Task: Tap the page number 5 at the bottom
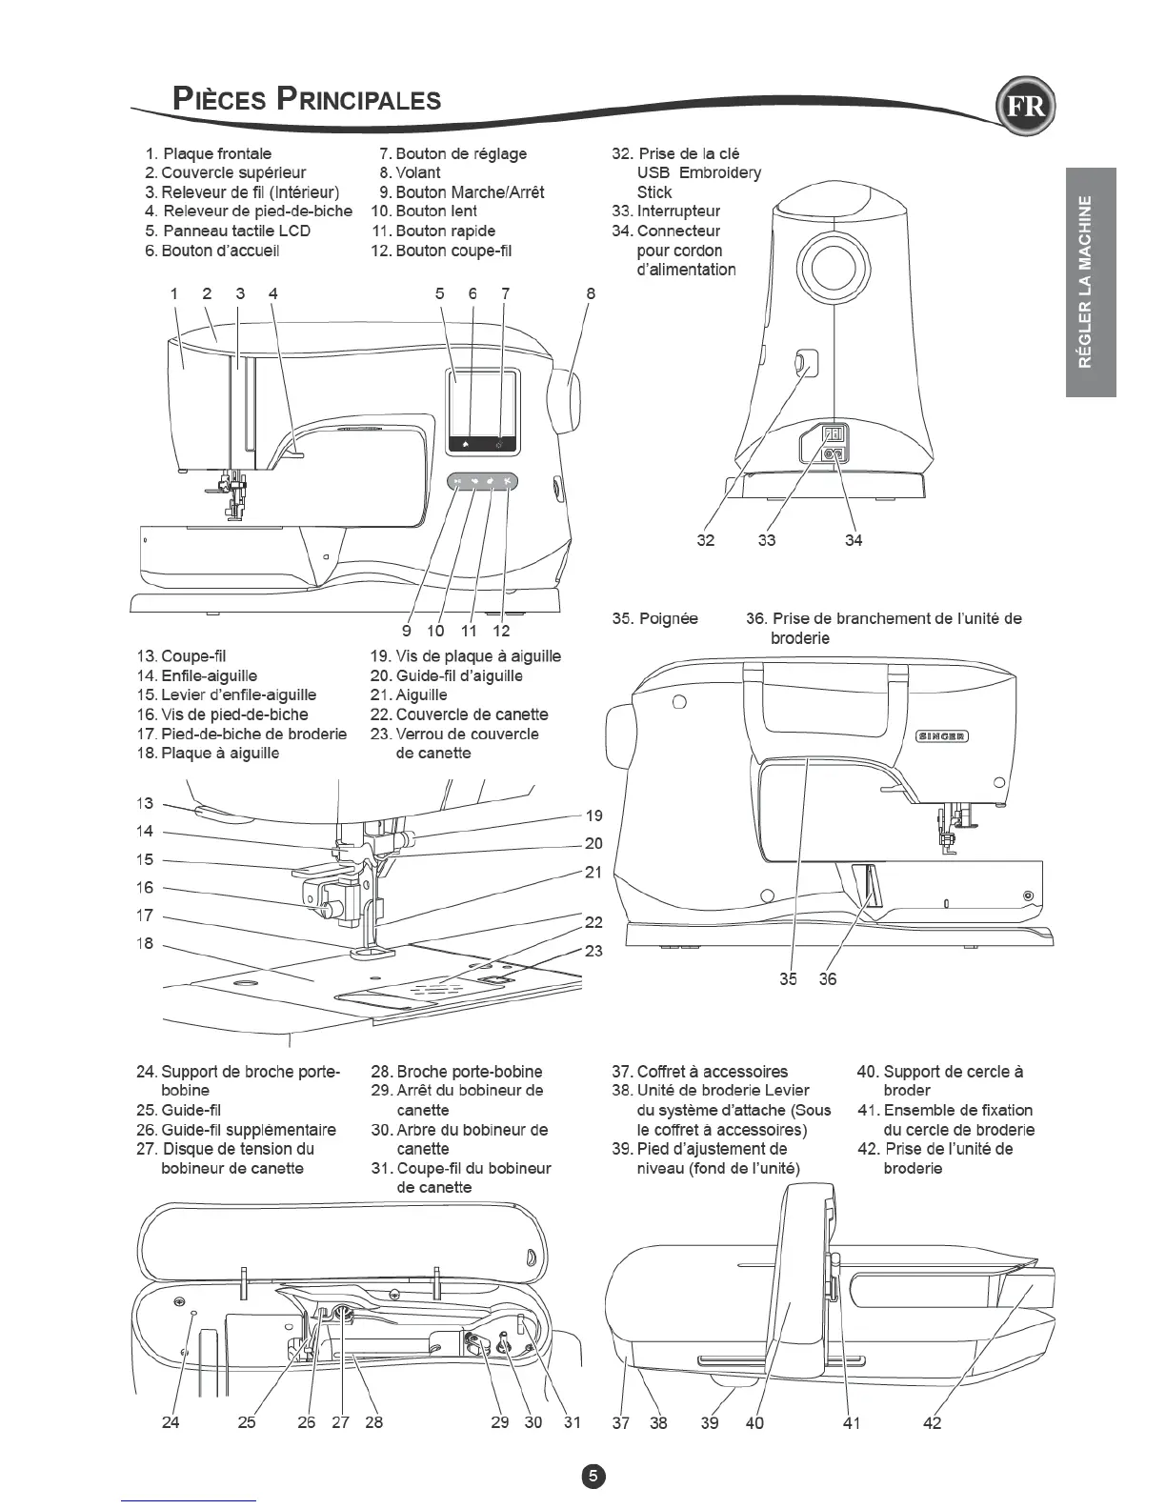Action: click(x=593, y=1477)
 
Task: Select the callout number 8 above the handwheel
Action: click(x=591, y=293)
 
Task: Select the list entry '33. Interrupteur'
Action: click(x=666, y=211)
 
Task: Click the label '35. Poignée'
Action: click(x=654, y=618)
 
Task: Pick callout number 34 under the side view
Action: click(x=854, y=540)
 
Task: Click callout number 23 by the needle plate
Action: click(x=593, y=951)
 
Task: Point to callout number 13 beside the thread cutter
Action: click(x=145, y=803)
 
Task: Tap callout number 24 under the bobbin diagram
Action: click(x=171, y=1422)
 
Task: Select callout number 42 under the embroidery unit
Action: click(x=933, y=1423)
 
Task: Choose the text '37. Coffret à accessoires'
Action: click(x=700, y=1071)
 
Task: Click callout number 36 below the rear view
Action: click(x=828, y=978)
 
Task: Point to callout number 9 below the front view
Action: click(x=407, y=630)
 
